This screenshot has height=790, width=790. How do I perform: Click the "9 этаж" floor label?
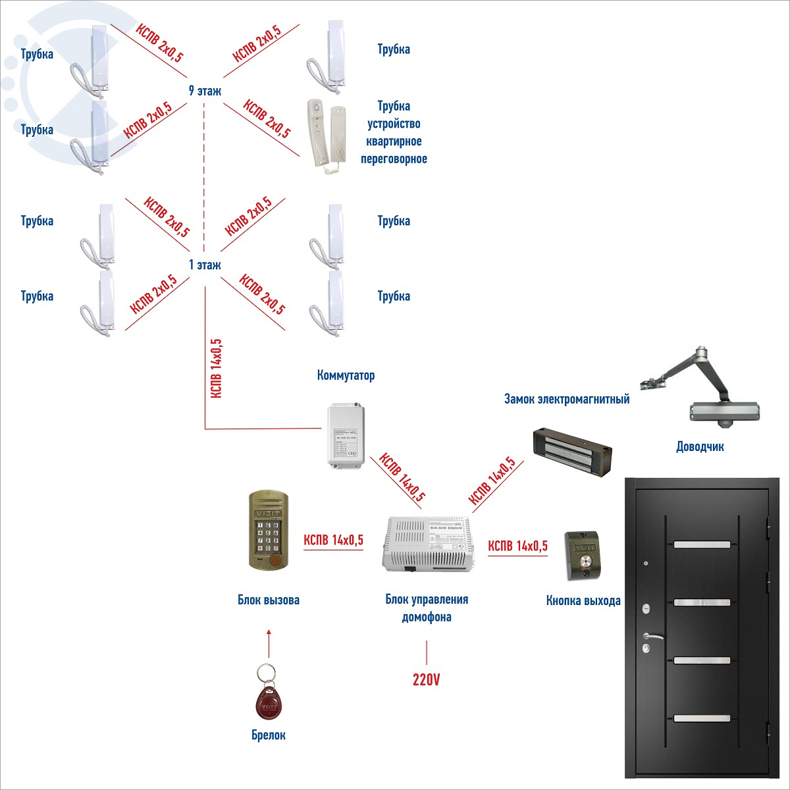pyautogui.click(x=205, y=91)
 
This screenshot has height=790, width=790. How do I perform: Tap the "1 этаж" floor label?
pyautogui.click(x=205, y=265)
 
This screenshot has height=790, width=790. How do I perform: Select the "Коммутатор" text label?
pyautogui.click(x=346, y=375)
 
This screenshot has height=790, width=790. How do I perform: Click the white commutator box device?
pyautogui.click(x=346, y=435)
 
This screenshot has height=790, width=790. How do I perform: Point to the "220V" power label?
pyautogui.click(x=426, y=679)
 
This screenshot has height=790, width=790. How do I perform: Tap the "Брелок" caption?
pyautogui.click(x=269, y=735)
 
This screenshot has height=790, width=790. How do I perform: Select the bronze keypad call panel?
pyautogui.click(x=269, y=530)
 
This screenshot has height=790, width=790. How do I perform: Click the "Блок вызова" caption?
pyautogui.click(x=269, y=600)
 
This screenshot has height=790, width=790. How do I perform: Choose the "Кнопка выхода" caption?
pyautogui.click(x=583, y=600)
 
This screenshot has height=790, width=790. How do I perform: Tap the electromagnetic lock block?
pyautogui.click(x=572, y=451)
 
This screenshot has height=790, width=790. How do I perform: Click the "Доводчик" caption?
pyautogui.click(x=700, y=446)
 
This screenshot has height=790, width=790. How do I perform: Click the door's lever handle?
pyautogui.click(x=652, y=637)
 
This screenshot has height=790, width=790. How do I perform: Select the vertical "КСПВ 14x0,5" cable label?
pyautogui.click(x=215, y=369)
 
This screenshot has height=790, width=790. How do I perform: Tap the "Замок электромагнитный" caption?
pyautogui.click(x=567, y=399)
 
